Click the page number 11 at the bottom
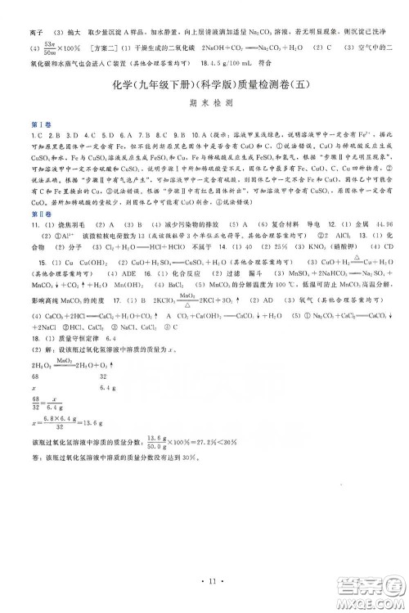pyautogui.click(x=204, y=584)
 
